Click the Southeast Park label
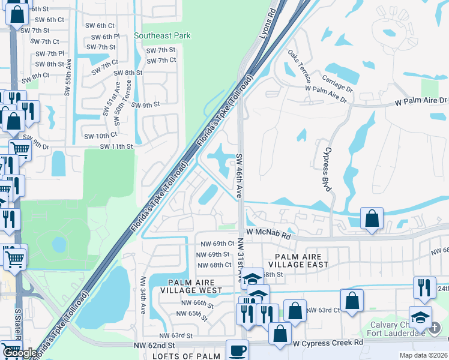click(162, 35)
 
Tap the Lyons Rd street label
click(267, 24)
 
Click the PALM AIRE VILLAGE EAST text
click(302, 260)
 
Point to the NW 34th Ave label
click(143, 294)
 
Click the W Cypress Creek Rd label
click(328, 342)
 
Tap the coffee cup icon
click(237, 350)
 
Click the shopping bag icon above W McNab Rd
click(372, 218)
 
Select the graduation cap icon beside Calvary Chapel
click(420, 317)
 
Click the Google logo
click(20, 353)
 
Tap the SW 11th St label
click(116, 146)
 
